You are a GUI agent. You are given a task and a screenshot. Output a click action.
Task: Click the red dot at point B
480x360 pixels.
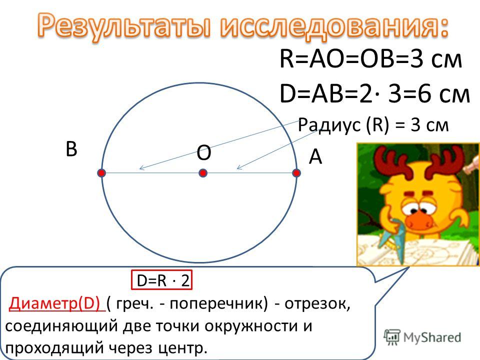(102, 173)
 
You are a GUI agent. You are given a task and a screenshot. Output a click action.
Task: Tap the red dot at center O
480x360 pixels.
(203, 173)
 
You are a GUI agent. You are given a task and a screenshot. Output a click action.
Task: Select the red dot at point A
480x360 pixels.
(296, 173)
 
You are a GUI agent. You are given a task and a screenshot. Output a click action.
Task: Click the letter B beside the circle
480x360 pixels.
(71, 149)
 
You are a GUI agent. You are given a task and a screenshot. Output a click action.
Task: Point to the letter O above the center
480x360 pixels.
(203, 152)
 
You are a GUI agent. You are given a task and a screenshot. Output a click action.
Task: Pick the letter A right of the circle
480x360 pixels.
(315, 156)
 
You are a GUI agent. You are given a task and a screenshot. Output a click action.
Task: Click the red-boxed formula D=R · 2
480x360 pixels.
(161, 280)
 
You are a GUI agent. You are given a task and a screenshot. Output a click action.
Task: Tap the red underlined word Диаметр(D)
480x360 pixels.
(56, 303)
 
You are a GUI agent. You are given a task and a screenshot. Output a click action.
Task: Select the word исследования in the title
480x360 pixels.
(333, 25)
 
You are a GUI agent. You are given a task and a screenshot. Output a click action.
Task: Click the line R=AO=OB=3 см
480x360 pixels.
(370, 59)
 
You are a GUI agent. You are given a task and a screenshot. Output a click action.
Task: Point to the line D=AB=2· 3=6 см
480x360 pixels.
(374, 93)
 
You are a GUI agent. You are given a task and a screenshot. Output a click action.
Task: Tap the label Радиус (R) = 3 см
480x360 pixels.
(373, 125)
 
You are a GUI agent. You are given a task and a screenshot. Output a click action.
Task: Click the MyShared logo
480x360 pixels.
(422, 337)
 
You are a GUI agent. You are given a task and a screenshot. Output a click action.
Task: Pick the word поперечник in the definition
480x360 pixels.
(218, 304)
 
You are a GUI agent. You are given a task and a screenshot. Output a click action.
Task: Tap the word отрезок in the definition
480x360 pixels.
(317, 303)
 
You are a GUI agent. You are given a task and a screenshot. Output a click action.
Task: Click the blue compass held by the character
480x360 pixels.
(395, 239)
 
